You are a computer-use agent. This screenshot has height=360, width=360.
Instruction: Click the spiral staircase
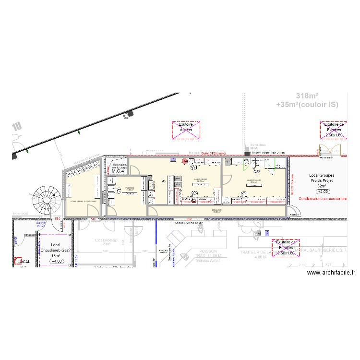coord(49,198)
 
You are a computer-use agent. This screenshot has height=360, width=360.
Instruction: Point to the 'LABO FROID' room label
coord(201,180)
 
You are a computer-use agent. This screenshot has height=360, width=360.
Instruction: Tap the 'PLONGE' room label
coord(129,188)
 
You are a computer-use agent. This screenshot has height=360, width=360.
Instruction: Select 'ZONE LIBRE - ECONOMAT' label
coord(83,201)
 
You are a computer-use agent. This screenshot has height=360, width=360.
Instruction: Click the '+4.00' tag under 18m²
coord(57,261)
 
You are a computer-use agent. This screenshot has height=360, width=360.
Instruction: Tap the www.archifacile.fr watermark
coord(331,273)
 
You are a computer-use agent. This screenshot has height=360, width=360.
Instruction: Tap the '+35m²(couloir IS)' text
coord(307,104)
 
